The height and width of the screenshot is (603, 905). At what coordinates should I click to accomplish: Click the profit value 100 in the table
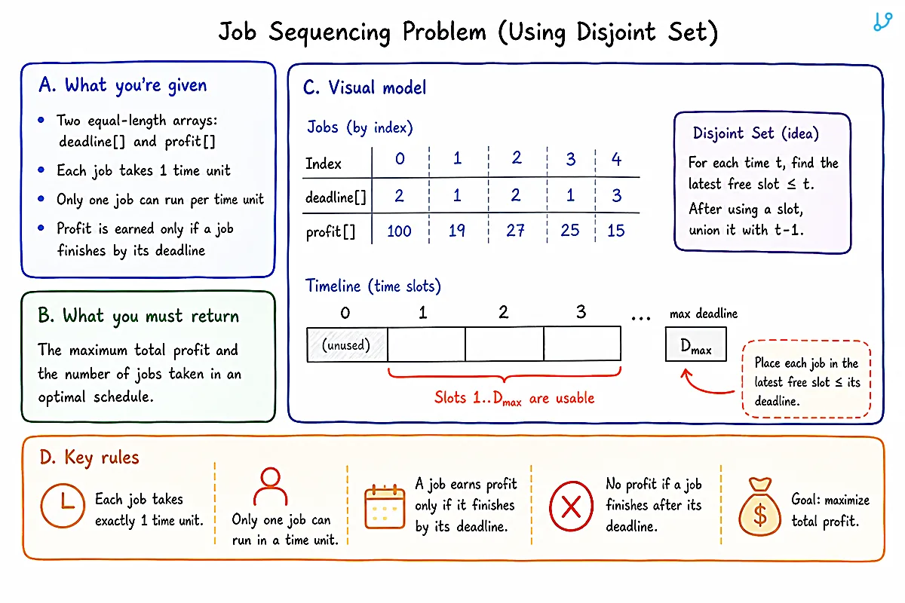click(399, 231)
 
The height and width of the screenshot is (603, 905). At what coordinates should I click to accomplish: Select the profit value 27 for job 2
click(515, 231)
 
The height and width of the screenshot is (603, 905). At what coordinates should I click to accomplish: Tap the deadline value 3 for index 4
click(617, 195)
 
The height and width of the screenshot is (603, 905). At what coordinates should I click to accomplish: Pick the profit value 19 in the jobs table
click(457, 231)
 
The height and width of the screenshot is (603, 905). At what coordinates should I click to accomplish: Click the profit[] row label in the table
click(330, 232)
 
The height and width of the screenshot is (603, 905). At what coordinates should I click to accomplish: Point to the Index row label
click(324, 164)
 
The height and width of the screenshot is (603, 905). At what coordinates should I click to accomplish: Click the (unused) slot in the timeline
click(347, 344)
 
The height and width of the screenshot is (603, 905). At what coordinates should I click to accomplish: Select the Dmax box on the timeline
click(695, 344)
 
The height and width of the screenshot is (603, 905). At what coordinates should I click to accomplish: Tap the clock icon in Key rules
click(63, 505)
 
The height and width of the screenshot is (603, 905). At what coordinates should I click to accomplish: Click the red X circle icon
click(572, 506)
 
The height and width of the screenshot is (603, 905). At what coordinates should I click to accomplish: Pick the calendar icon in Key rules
click(385, 507)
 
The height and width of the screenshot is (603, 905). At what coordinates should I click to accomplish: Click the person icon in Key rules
click(270, 487)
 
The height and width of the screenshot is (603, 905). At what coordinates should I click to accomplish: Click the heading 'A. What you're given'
click(123, 85)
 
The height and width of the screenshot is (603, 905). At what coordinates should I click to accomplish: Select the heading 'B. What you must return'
click(139, 316)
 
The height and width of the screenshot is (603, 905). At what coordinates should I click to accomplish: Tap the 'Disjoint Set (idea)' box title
click(756, 133)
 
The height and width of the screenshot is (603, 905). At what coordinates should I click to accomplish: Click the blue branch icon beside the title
click(882, 22)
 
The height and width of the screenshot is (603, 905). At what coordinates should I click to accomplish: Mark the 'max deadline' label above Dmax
click(704, 314)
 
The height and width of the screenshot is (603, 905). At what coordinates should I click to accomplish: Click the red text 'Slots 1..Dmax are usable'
click(514, 398)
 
